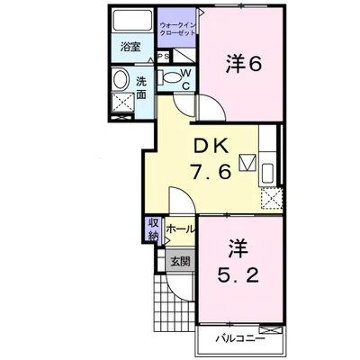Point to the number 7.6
[x=213, y=169]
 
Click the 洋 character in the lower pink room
[x=238, y=246]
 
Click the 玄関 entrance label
[x=179, y=263]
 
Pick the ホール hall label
[x=180, y=229]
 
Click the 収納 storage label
[x=154, y=229]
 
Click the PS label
[x=164, y=58]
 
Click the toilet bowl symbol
[x=167, y=77]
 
